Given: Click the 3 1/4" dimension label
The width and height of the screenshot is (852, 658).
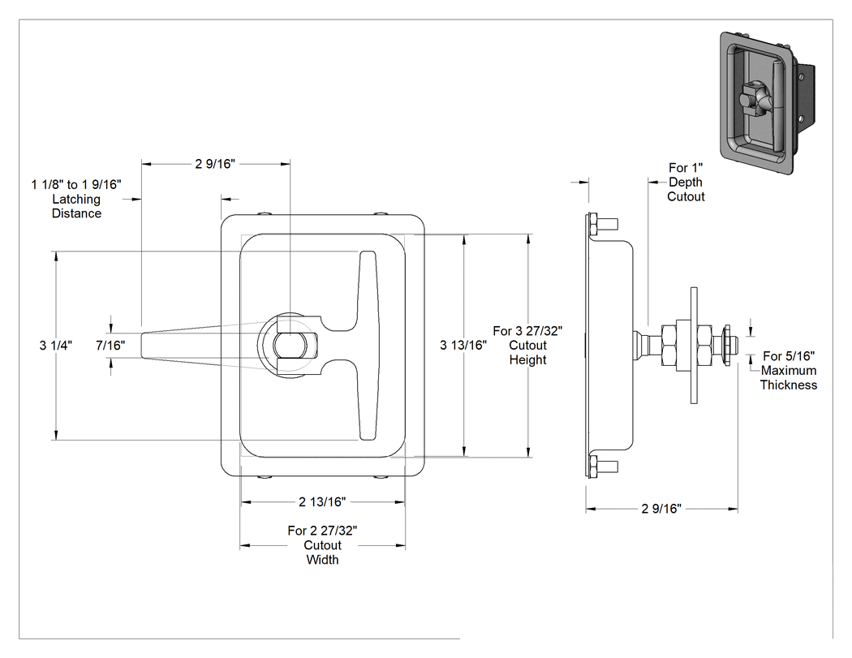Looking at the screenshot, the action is tap(55, 345).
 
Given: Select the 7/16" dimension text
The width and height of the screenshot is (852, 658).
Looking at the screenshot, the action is tap(110, 345).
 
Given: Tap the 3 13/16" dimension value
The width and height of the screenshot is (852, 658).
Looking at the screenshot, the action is tap(463, 345).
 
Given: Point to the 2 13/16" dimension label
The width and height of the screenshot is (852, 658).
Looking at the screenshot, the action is tap(322, 501).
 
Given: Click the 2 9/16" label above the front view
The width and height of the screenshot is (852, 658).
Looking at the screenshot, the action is tap(215, 164).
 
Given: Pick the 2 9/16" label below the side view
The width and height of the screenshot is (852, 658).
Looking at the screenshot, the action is tap(661, 509).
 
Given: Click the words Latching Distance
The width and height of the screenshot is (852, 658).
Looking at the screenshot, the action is tap(76, 206).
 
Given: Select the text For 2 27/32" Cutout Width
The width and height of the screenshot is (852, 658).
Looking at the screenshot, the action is tap(322, 545).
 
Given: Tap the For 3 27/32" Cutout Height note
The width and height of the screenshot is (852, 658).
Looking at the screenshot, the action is tap(527, 345).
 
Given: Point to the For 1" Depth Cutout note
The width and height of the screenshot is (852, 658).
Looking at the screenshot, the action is tap(686, 182).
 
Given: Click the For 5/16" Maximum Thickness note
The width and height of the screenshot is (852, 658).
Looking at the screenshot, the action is tap(789, 371).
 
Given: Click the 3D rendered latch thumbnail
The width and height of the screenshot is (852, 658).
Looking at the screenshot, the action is tap(768, 103).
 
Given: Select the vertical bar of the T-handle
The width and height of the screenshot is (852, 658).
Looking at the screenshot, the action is tap(368, 346).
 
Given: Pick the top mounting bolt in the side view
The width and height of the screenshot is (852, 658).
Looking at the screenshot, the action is tap(601, 223).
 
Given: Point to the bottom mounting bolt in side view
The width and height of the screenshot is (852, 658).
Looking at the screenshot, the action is tap(601, 467).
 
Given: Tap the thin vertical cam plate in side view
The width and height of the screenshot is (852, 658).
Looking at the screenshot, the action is tap(693, 345).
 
